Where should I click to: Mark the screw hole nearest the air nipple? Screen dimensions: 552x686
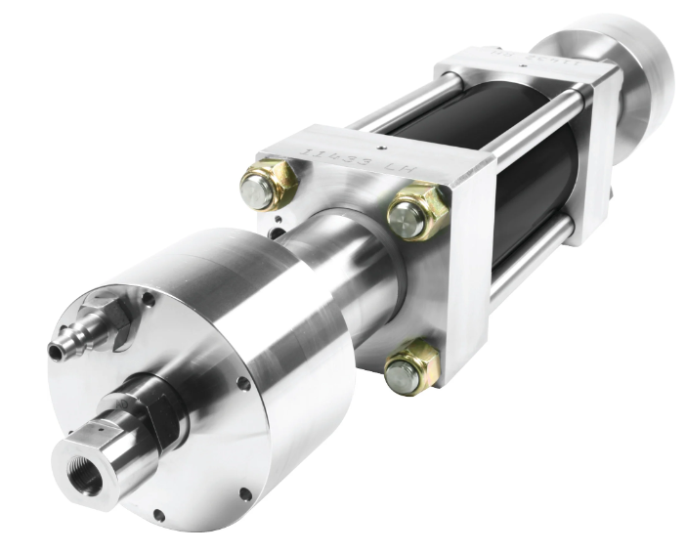pyautogui.click(x=147, y=298)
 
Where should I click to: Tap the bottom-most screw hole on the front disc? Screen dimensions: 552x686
pyautogui.click(x=158, y=514)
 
